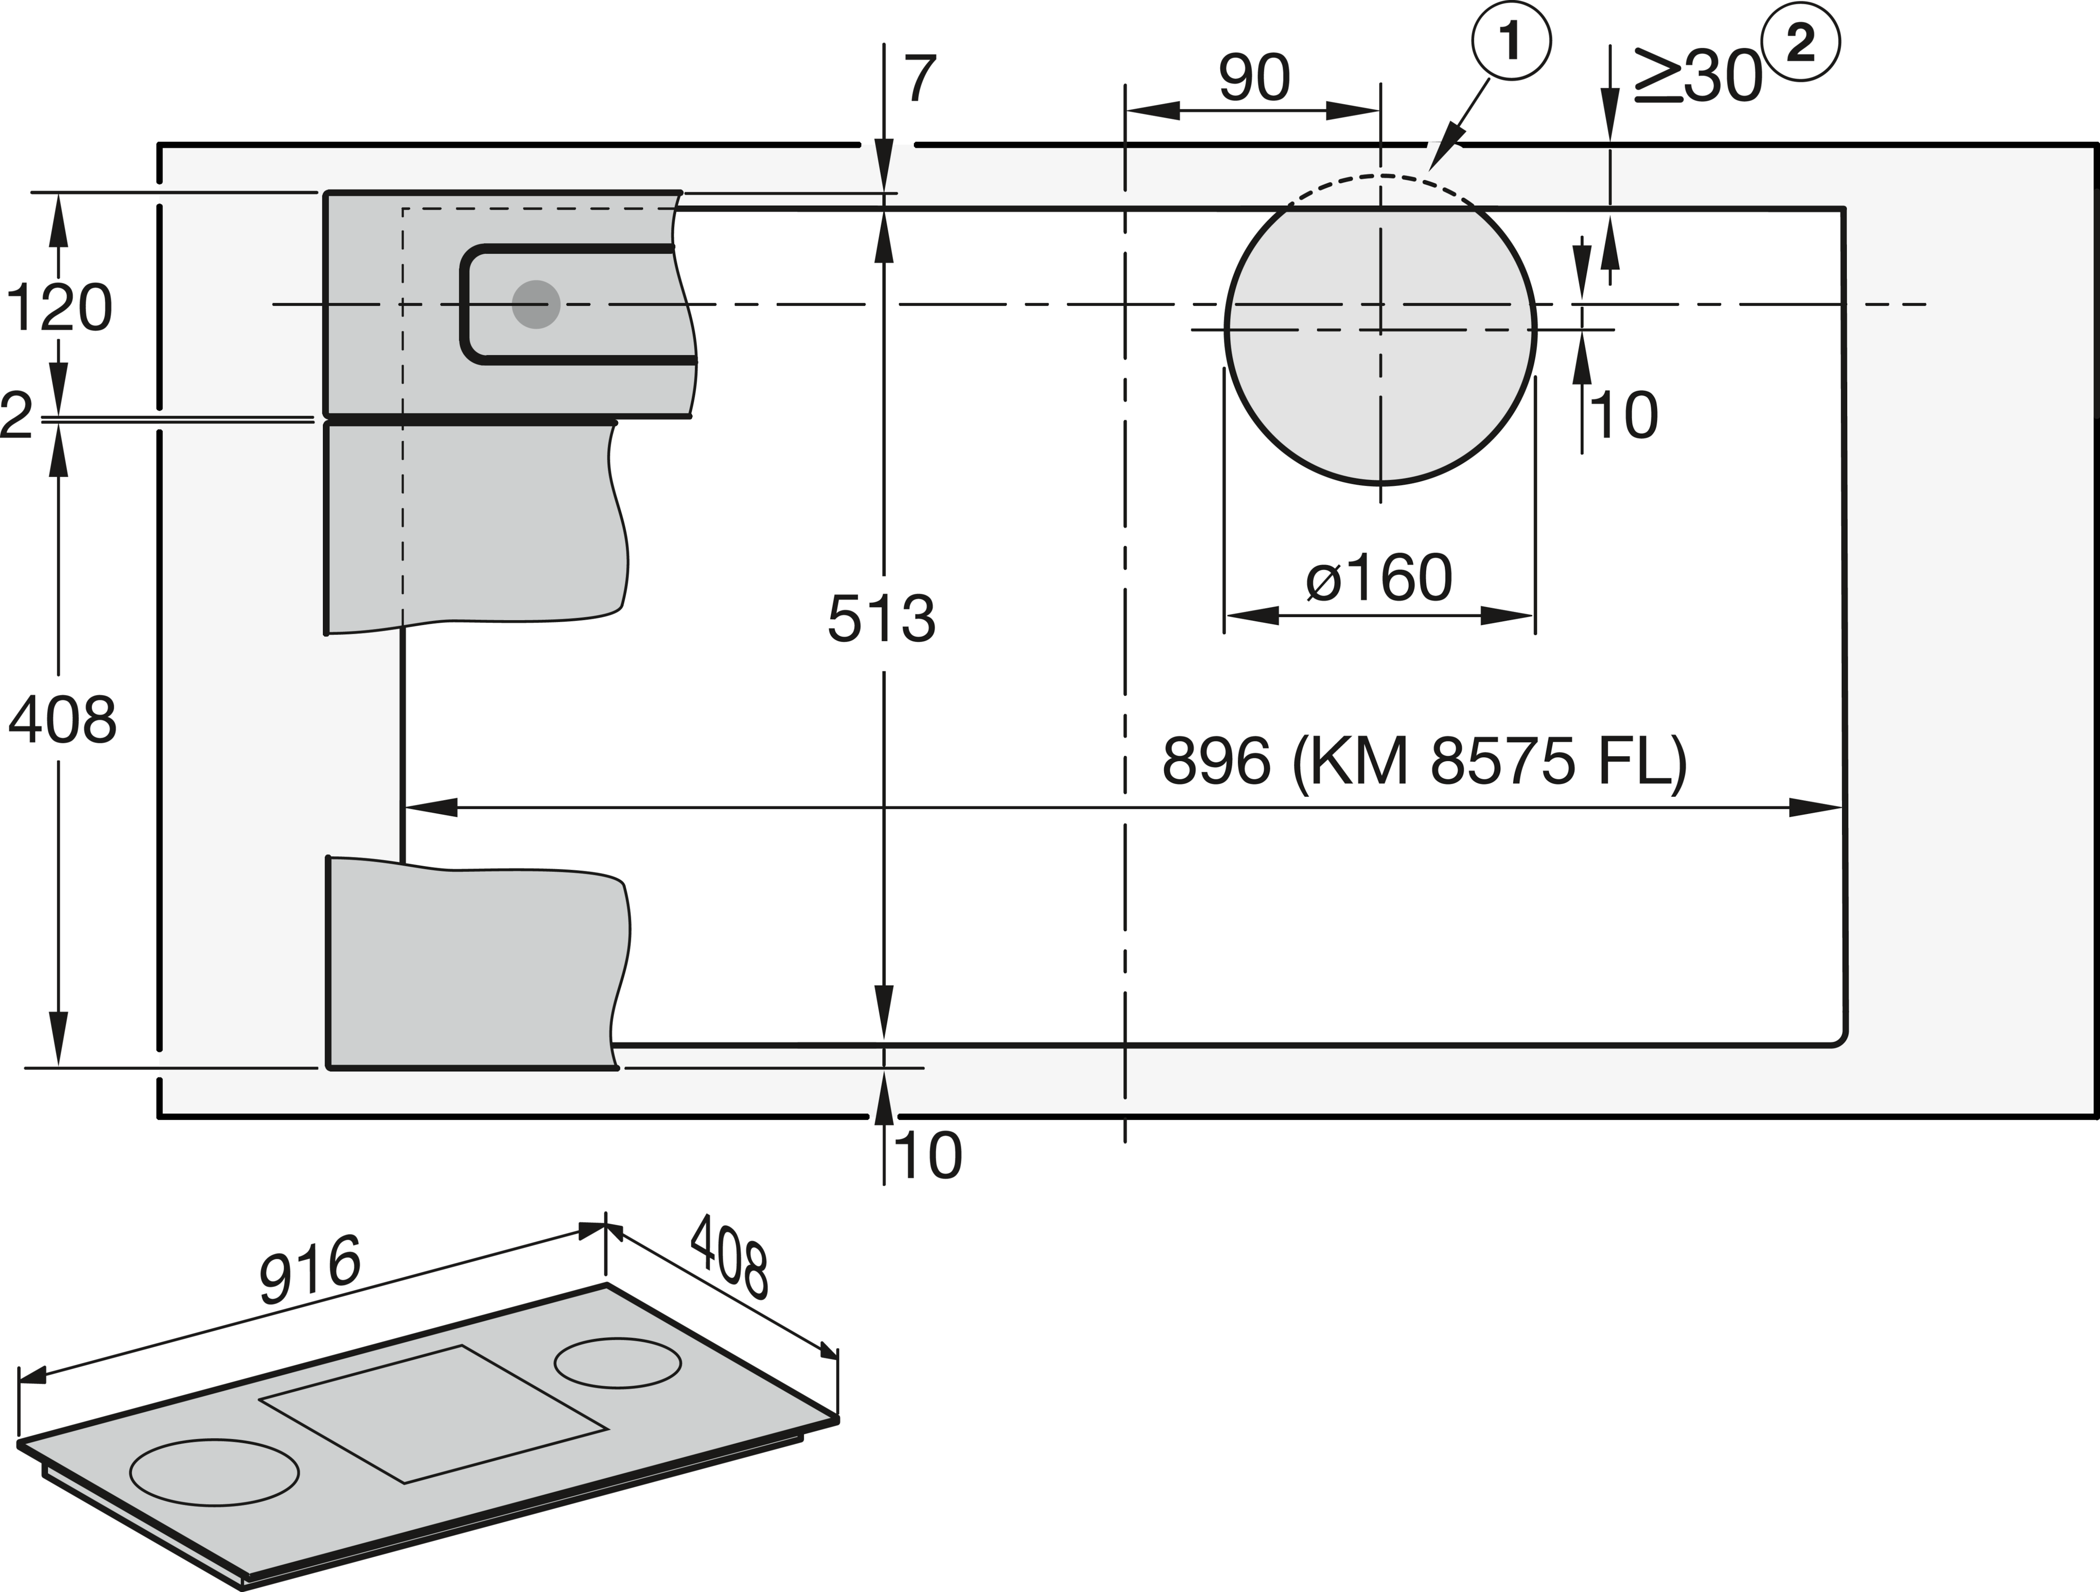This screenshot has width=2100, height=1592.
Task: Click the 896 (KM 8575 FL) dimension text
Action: click(x=1424, y=761)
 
